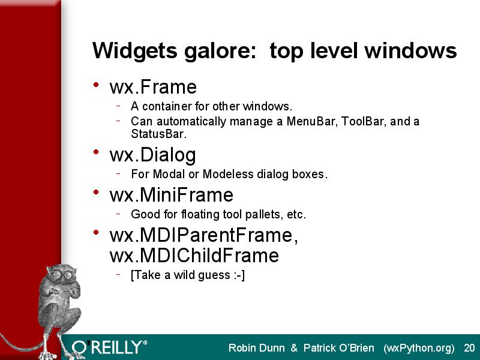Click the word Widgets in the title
pyautogui.click(x=134, y=51)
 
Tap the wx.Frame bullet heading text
pyautogui.click(x=153, y=87)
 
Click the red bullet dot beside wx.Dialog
pyautogui.click(x=96, y=152)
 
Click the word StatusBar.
pyautogui.click(x=158, y=134)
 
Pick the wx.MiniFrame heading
pyautogui.click(x=172, y=194)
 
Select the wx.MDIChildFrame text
pyautogui.click(x=194, y=256)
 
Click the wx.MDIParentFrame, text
pyautogui.click(x=203, y=235)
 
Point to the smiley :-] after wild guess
pyautogui.click(x=239, y=275)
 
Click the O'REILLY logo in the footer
pyautogui.click(x=110, y=347)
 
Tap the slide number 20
pyautogui.click(x=469, y=348)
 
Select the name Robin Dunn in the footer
pyautogui.click(x=257, y=348)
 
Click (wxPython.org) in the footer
pyautogui.click(x=419, y=349)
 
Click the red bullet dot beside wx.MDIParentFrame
pyautogui.click(x=96, y=232)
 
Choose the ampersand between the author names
pyautogui.click(x=294, y=348)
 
